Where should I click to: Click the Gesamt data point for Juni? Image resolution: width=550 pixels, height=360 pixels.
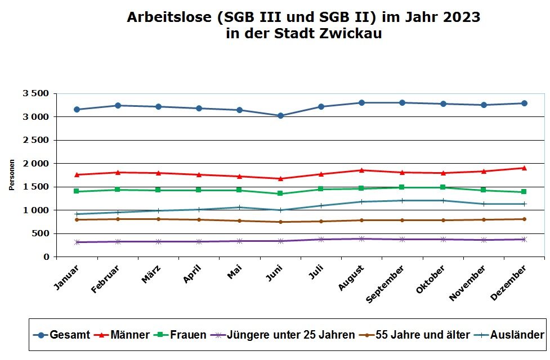click(280, 116)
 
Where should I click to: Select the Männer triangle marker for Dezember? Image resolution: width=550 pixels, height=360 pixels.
click(524, 168)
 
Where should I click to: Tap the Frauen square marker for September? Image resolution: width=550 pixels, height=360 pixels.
click(402, 187)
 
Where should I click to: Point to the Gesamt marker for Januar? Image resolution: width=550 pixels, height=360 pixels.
click(77, 110)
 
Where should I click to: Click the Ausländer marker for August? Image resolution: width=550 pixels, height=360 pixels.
click(361, 201)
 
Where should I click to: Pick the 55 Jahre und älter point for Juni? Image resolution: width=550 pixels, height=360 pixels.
click(280, 222)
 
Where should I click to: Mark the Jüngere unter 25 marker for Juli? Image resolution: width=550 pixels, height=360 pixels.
click(321, 239)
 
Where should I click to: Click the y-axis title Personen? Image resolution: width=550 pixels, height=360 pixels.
click(11, 174)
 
